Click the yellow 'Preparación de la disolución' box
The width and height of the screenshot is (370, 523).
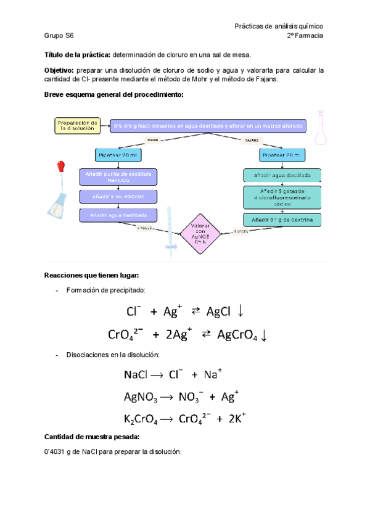(77, 125)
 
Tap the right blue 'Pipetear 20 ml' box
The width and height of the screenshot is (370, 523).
(281, 155)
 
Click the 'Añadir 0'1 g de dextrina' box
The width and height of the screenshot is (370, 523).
(282, 220)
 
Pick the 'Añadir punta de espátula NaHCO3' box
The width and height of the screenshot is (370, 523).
(118, 177)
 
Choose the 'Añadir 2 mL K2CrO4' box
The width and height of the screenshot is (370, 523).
(118, 197)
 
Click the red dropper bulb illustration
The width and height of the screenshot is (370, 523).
(60, 166)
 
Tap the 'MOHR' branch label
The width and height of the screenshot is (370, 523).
(153, 140)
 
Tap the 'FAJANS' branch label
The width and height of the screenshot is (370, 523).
(252, 140)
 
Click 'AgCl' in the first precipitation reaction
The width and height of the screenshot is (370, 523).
(219, 312)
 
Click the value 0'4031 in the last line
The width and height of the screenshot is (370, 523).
(58, 451)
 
